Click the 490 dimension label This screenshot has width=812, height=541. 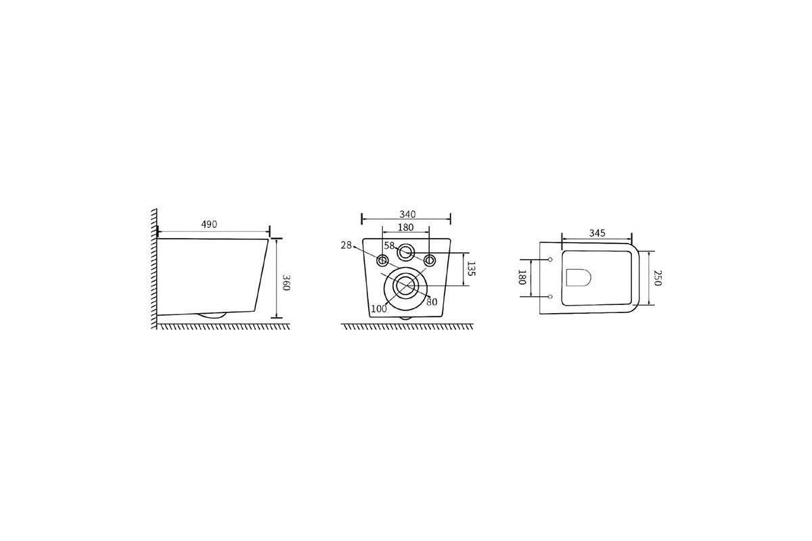(209, 225)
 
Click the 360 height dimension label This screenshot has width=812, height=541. (286, 282)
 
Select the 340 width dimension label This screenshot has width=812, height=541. (407, 214)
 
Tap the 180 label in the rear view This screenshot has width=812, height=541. (405, 227)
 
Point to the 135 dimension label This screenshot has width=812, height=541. (470, 268)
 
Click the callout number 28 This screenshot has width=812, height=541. (346, 245)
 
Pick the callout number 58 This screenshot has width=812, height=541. (389, 245)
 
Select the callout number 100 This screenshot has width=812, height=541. (379, 309)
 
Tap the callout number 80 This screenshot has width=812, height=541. (432, 302)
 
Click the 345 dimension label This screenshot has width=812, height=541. (597, 233)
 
